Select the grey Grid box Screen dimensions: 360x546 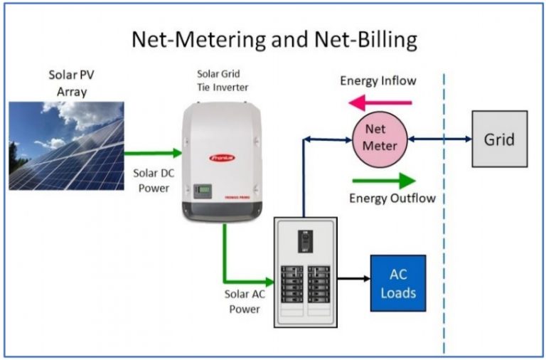tap(499, 139)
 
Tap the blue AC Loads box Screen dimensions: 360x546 tap(397, 283)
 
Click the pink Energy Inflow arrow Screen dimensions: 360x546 tap(380, 102)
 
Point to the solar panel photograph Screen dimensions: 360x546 tap(66, 145)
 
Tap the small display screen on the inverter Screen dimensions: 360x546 tap(203, 191)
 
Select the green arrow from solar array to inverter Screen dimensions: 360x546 tap(152, 152)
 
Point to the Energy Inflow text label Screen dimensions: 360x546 tap(378, 80)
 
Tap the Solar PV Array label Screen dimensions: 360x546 tap(70, 83)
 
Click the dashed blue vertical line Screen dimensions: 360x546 tap(444, 213)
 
